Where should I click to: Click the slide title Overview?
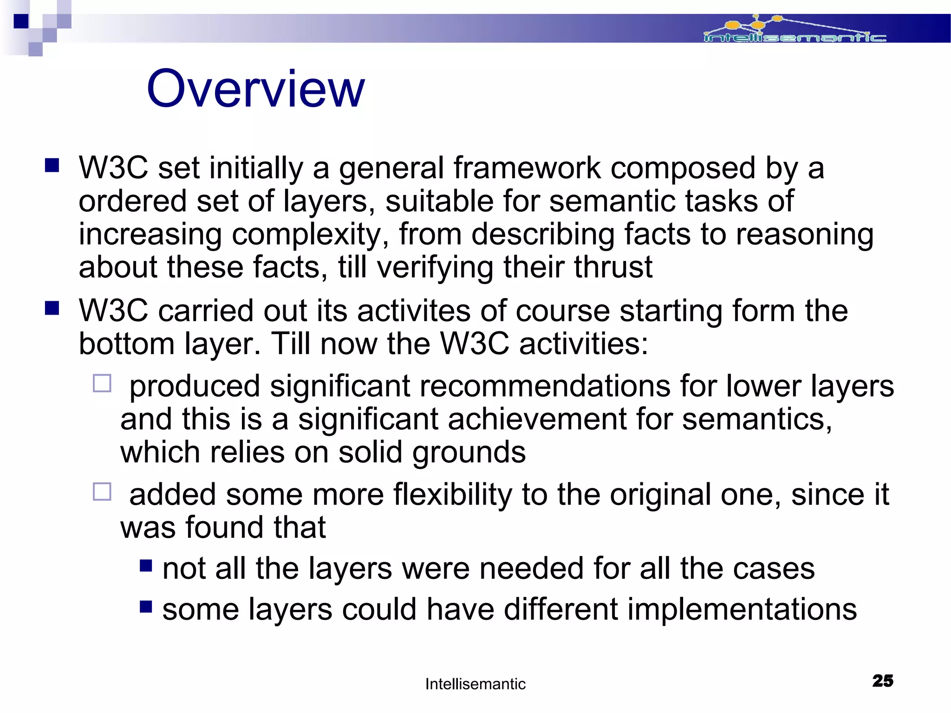tap(255, 89)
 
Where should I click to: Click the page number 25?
tap(883, 681)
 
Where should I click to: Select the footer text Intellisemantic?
tap(475, 684)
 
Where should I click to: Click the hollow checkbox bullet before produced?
tap(102, 384)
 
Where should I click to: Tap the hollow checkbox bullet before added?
tap(102, 492)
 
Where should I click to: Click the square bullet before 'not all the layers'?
tap(146, 565)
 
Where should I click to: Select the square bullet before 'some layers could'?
tap(146, 606)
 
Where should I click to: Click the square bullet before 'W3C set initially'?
tap(52, 165)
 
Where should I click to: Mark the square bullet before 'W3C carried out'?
tap(52, 308)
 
